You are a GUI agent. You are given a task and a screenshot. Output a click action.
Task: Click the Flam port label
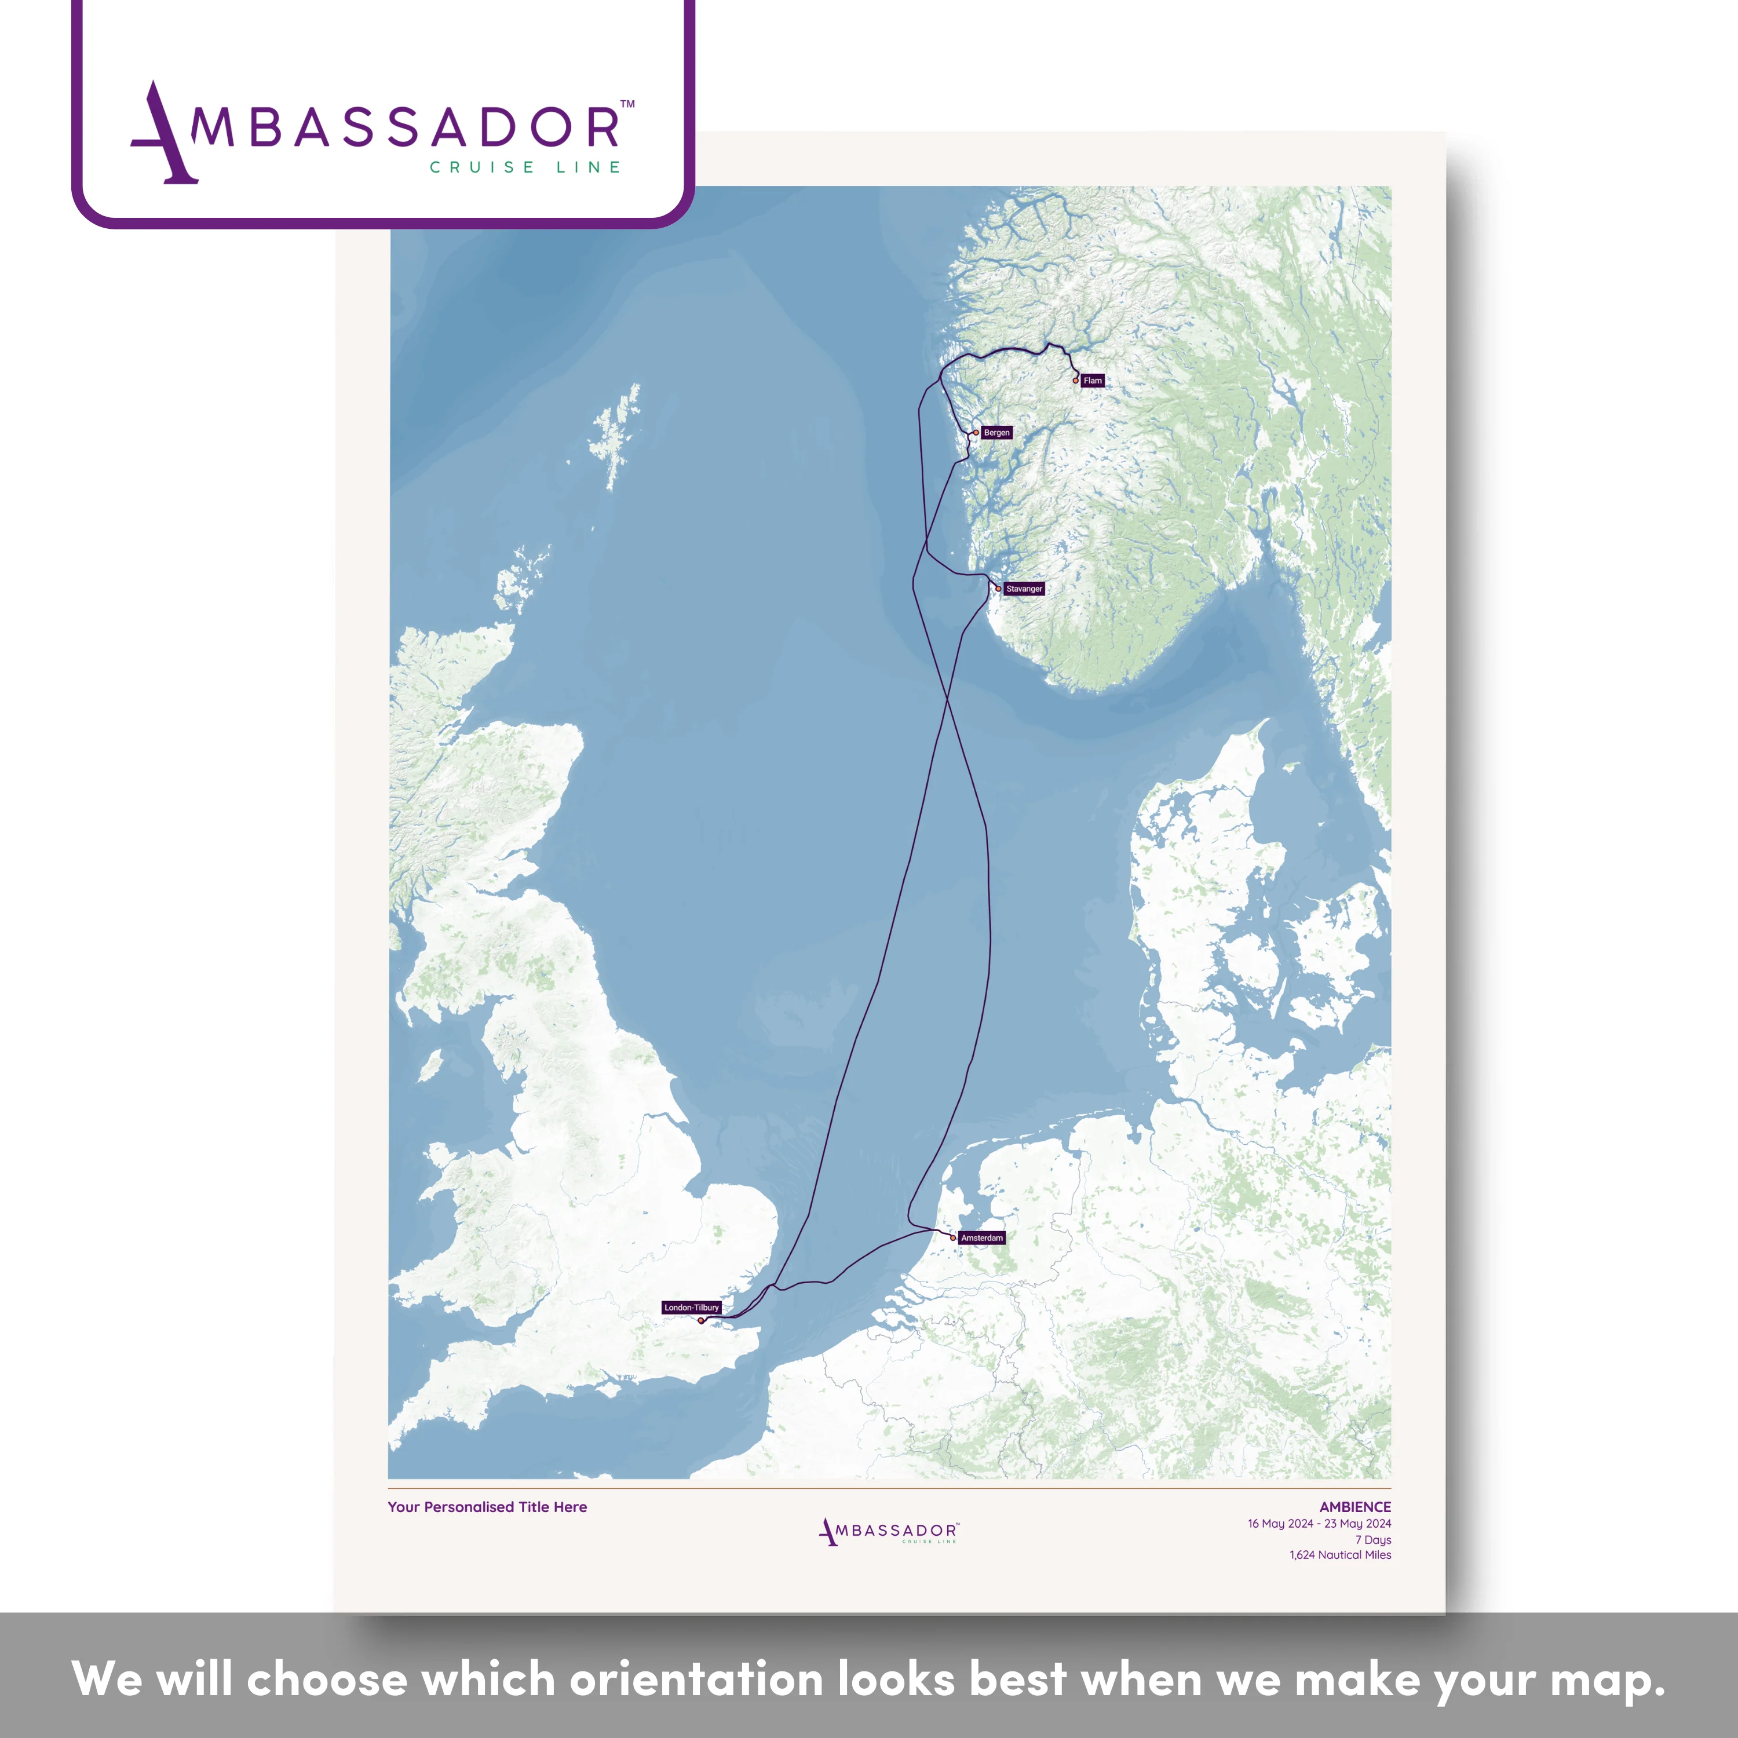[1092, 381]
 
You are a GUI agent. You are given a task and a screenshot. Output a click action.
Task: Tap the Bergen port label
[996, 433]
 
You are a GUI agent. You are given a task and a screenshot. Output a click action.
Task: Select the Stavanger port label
[1024, 589]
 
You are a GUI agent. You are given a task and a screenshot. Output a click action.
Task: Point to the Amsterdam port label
[981, 1238]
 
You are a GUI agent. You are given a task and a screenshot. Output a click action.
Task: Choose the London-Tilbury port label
[692, 1307]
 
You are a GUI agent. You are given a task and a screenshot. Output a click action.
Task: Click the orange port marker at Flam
[1075, 381]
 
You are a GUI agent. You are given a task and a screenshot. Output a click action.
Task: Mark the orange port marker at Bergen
[976, 433]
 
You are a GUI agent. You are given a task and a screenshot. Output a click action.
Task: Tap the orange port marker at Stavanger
[998, 589]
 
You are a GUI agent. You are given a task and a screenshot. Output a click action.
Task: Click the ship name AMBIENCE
[1355, 1507]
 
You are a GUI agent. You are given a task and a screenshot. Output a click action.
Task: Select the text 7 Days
[1373, 1539]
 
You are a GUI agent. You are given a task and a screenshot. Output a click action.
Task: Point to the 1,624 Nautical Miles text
[1341, 1554]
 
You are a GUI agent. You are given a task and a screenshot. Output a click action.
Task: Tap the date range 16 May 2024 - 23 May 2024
[1319, 1523]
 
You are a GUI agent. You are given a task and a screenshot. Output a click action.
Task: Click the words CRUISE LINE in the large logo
[525, 167]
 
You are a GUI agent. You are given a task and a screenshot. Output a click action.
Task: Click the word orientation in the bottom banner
[696, 1679]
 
